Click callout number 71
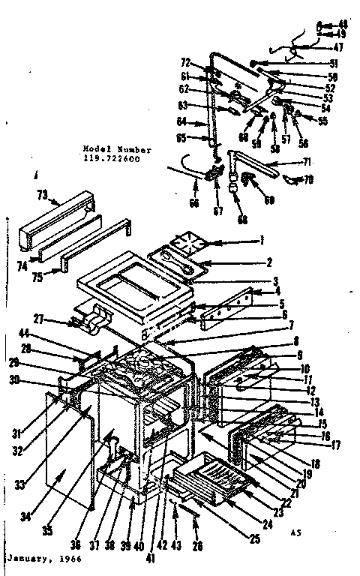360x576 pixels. tap(306, 162)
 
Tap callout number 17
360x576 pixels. tap(336, 445)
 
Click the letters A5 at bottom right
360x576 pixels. tap(295, 532)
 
